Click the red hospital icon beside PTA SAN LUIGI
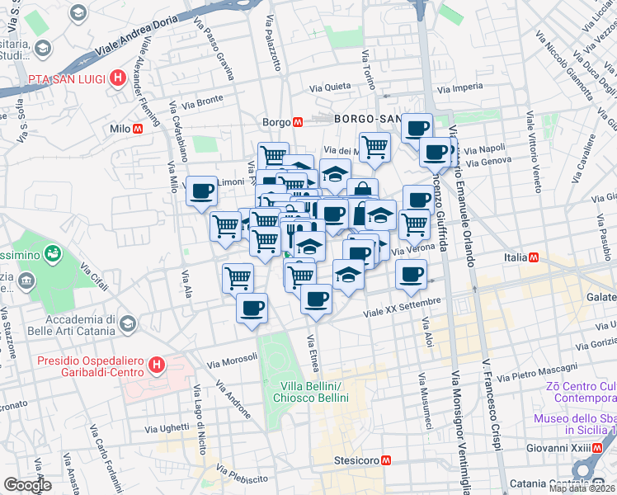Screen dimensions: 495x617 tap(119, 78)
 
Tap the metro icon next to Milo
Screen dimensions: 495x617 tap(139, 129)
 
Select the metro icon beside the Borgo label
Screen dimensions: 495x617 tap(299, 121)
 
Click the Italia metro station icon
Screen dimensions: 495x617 tap(534, 258)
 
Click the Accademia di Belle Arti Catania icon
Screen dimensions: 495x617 tap(127, 323)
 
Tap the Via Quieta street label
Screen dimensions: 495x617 tap(330, 86)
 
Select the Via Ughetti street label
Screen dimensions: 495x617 tap(167, 428)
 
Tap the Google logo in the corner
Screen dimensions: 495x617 tap(28, 485)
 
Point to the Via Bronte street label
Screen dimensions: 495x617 tap(203, 102)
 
